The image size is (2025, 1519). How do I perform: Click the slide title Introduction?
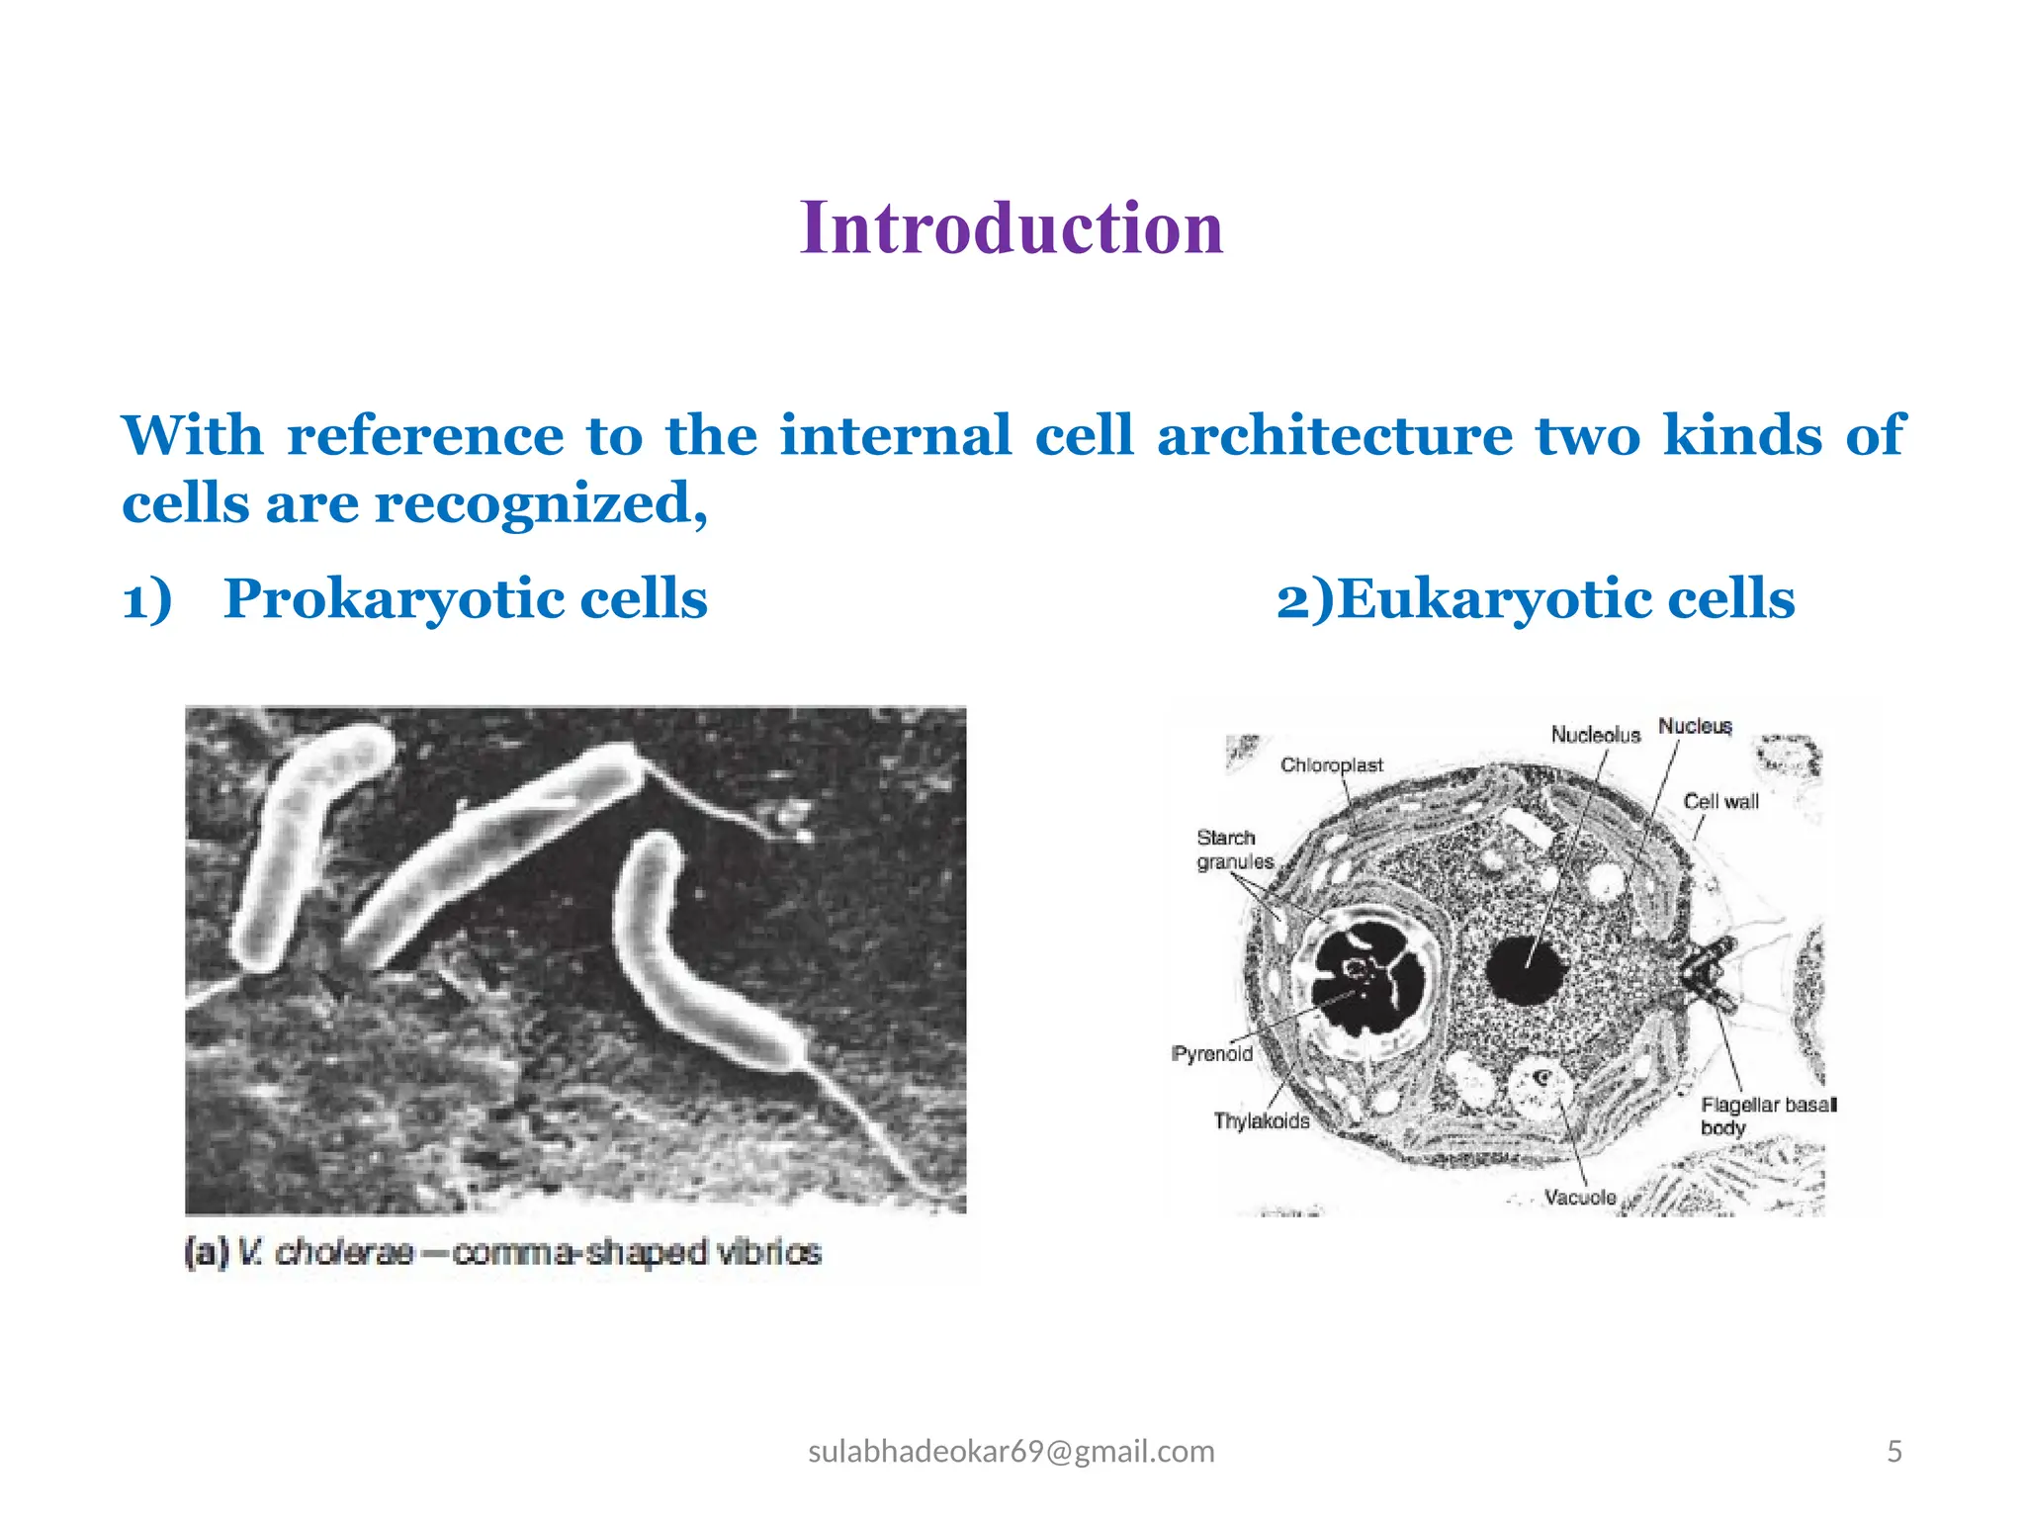(1012, 228)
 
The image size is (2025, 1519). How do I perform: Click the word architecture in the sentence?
(1334, 436)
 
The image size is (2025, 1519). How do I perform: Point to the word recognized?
(540, 503)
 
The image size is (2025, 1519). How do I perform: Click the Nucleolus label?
(1594, 735)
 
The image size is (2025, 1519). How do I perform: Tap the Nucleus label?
(1695, 726)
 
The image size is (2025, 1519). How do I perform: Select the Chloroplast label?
(1331, 765)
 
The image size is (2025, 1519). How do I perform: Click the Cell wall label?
(1720, 802)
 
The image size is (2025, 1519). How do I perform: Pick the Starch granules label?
(1233, 849)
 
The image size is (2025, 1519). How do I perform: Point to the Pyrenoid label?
(1212, 1054)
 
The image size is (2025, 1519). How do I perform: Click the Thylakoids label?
(1261, 1121)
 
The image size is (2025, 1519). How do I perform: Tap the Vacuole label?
(1579, 1198)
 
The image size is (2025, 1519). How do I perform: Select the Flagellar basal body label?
(1766, 1116)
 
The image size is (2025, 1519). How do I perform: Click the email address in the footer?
(1011, 1451)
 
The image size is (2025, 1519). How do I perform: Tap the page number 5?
(1893, 1451)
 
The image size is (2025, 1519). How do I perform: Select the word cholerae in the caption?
(343, 1253)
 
